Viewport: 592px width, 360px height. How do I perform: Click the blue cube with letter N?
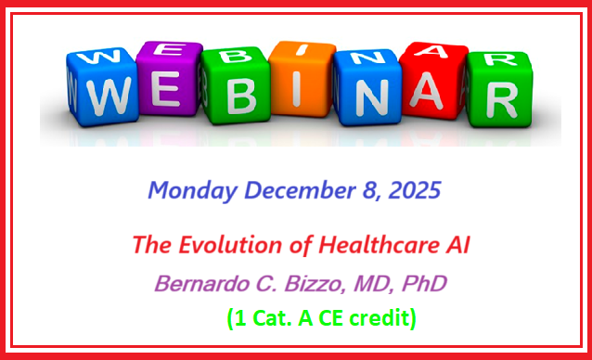367,85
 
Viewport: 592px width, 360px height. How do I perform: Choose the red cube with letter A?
431,82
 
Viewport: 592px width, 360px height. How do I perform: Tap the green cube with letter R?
496,86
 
